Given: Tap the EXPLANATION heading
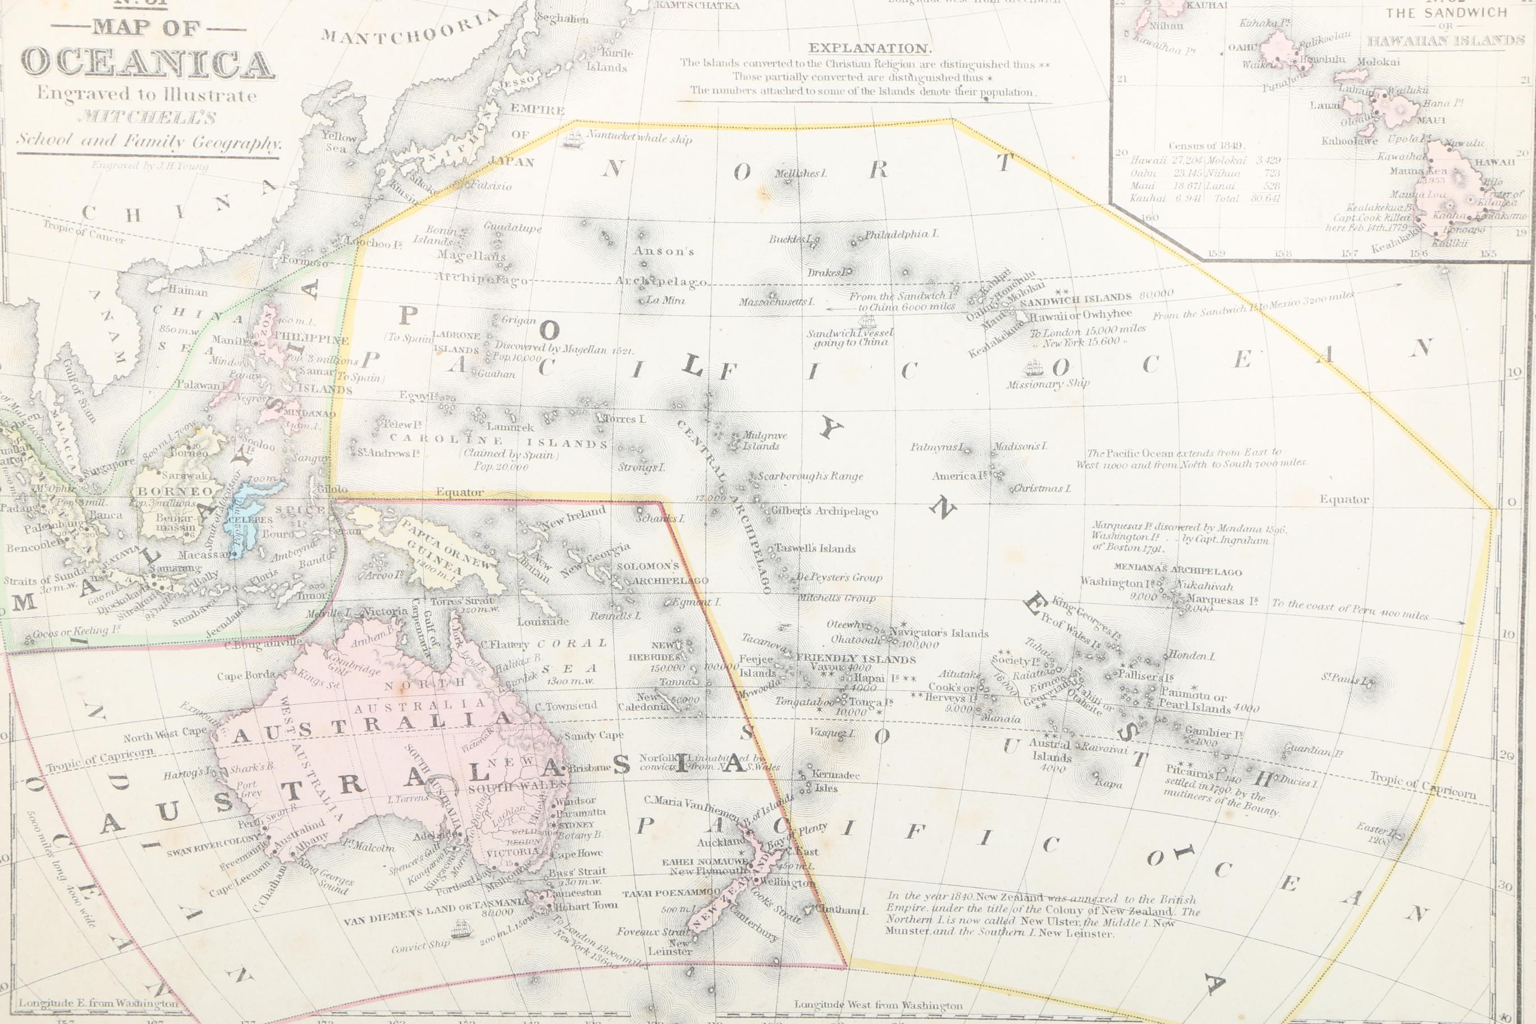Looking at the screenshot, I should pos(869,48).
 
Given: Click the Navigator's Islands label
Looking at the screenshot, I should pos(939,633).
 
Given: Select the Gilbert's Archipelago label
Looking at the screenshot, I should pos(824,511).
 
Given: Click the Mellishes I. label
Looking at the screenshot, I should pos(800,173).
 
